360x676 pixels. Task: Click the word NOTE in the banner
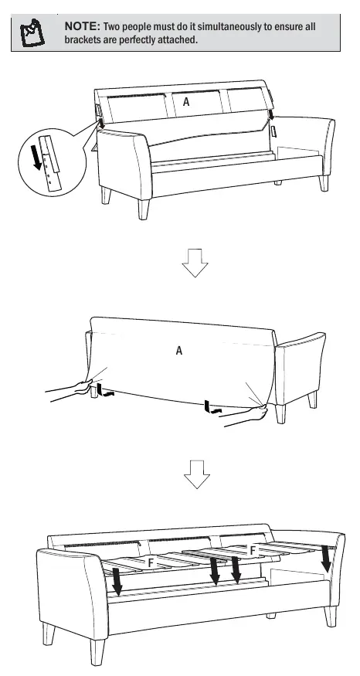tap(83, 26)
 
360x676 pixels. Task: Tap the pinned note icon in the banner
tap(32, 32)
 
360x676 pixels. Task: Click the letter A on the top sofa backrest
tap(186, 102)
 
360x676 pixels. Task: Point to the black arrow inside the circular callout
tap(38, 157)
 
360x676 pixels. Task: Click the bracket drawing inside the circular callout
tap(51, 162)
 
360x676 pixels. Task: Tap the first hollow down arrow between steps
tap(195, 263)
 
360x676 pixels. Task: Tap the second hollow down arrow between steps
tap(197, 474)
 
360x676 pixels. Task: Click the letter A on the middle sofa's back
tap(179, 351)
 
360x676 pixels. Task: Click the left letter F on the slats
tap(151, 562)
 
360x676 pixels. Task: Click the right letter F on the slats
tap(253, 550)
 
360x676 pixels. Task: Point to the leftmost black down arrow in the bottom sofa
tap(117, 581)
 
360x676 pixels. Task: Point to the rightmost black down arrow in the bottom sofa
tap(326, 559)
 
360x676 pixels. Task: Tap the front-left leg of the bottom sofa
tap(98, 651)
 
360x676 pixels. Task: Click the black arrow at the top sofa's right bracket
tap(271, 114)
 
